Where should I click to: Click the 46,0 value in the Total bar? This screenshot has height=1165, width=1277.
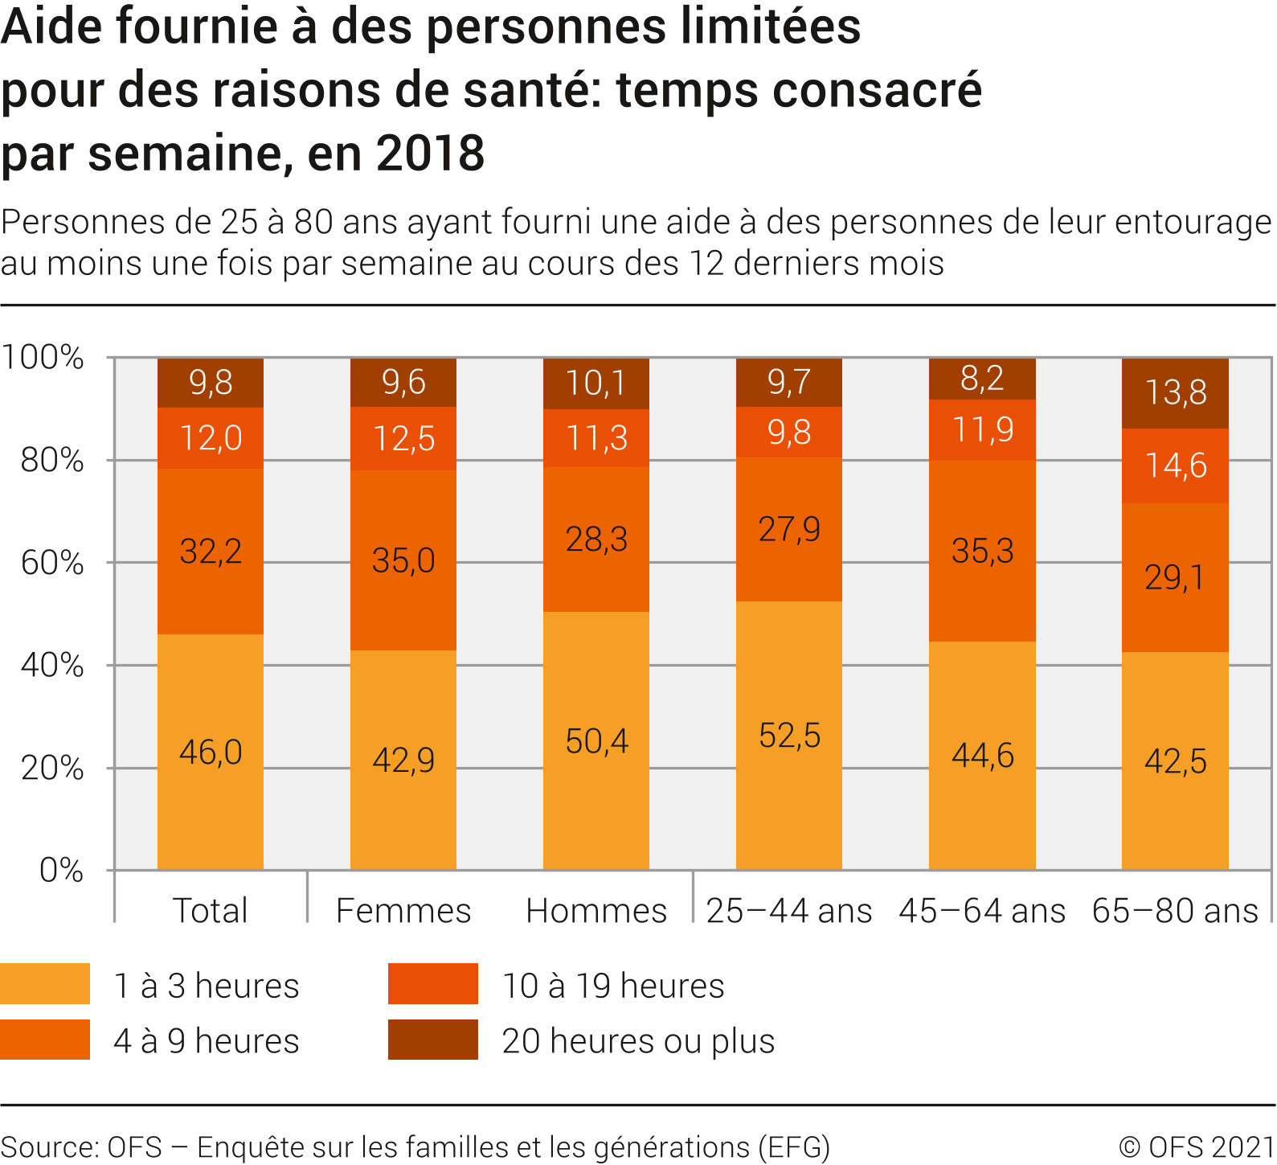211,752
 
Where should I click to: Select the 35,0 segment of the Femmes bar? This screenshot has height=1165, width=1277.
403,560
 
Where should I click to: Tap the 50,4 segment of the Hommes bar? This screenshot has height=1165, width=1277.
596,740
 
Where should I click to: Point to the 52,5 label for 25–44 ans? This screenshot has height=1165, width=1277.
789,736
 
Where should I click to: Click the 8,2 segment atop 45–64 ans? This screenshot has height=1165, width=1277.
982,379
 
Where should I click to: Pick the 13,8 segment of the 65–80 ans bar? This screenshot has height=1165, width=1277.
1175,393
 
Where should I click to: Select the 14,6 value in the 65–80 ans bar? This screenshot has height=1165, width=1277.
1175,466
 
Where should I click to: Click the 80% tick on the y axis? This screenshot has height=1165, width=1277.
52,460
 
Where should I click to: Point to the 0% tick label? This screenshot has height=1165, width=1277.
61,870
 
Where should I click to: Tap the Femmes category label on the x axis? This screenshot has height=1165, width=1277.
403,911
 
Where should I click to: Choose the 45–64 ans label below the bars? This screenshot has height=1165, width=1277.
982,911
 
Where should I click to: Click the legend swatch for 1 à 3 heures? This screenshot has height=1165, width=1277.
45,984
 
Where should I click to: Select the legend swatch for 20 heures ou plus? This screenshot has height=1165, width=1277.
433,1040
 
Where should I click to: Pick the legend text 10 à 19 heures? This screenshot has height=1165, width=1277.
613,986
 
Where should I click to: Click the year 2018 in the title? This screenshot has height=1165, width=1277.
430,153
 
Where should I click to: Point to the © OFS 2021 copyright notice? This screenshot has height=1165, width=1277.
1196,1147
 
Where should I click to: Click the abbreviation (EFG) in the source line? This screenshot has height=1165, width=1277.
793,1147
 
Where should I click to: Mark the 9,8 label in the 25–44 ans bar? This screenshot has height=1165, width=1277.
789,433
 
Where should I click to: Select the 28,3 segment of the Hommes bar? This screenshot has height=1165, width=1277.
596,539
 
